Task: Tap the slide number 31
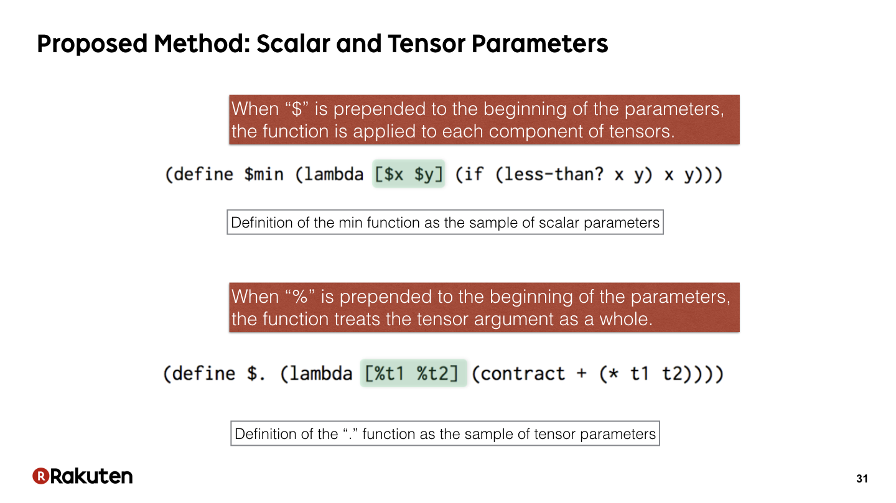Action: pos(862,479)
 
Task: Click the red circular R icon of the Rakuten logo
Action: pos(41,476)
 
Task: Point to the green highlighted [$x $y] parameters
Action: pos(408,174)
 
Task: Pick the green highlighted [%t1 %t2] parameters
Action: pos(413,373)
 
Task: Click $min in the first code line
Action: pos(264,174)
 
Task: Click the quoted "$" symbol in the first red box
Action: pos(296,109)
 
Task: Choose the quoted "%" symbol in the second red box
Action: pos(300,297)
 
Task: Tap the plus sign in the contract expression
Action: pos(582,374)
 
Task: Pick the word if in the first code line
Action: pos(474,174)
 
